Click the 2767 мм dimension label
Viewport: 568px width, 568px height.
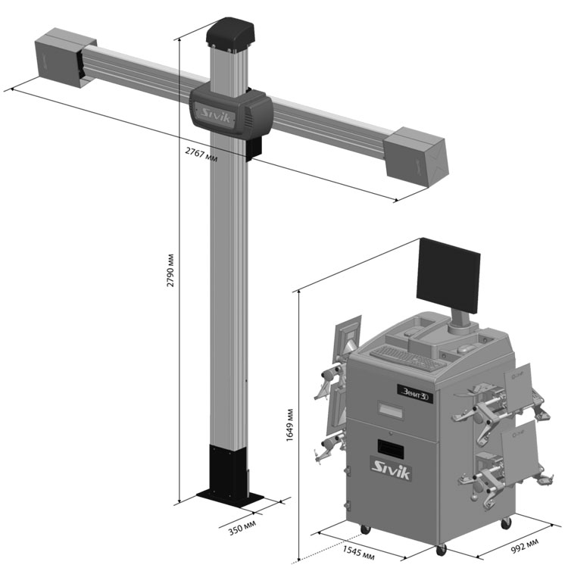coord(201,154)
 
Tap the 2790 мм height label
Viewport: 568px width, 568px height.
coord(170,270)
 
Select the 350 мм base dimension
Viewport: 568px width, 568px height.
coord(242,527)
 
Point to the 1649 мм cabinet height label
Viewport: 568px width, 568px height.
coord(290,426)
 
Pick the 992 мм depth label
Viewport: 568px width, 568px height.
coord(525,545)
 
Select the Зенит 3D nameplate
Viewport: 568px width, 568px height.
coord(415,393)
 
